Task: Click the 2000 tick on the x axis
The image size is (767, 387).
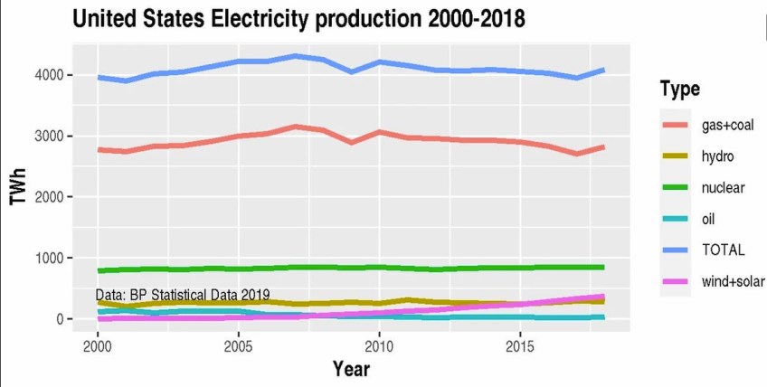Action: tap(98, 347)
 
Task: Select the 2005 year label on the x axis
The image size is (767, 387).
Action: tap(238, 347)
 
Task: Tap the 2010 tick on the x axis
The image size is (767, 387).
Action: tap(378, 347)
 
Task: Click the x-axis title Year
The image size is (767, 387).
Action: tap(350, 368)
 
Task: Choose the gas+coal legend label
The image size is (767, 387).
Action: tap(728, 124)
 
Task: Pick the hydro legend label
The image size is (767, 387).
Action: tap(717, 156)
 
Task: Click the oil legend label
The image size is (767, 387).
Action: tap(710, 219)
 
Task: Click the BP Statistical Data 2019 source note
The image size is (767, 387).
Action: tap(183, 295)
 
